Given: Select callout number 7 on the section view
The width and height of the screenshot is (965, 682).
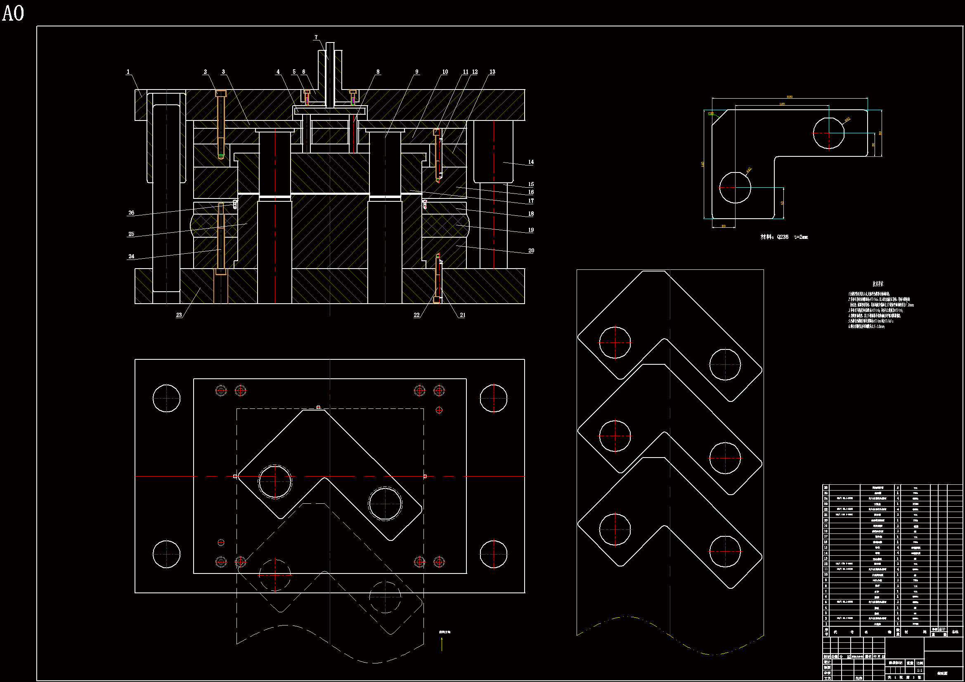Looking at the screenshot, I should click(x=316, y=38).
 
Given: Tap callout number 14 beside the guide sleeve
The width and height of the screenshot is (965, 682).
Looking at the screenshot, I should click(x=531, y=162).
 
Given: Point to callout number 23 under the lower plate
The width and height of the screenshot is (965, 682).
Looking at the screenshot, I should click(x=179, y=315).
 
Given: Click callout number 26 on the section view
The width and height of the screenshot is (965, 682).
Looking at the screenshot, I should click(x=131, y=212).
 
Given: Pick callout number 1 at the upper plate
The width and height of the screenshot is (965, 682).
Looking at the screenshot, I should click(x=128, y=72).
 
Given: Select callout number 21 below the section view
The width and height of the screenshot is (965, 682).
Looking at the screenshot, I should click(x=462, y=315).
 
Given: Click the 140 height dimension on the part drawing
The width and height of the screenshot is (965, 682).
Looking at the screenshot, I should click(x=702, y=164).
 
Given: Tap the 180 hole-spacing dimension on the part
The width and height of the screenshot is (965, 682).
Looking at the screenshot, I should click(x=782, y=104).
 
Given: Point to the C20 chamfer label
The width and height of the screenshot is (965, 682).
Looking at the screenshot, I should click(x=711, y=113).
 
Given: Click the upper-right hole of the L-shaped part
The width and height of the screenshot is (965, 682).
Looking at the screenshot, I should click(x=828, y=133).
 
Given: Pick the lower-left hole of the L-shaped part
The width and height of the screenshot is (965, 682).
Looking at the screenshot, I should click(x=735, y=187).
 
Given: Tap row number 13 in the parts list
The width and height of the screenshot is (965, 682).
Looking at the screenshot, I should click(x=825, y=559).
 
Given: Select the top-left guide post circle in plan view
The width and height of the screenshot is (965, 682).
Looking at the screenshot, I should click(x=166, y=398).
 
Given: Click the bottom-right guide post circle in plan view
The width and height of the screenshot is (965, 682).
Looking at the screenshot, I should click(x=493, y=554).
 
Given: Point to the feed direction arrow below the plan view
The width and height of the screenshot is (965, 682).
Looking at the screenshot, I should click(x=442, y=643).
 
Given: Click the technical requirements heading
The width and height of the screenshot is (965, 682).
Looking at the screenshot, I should click(x=878, y=284).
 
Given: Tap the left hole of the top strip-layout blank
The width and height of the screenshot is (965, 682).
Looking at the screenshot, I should click(x=615, y=342).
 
